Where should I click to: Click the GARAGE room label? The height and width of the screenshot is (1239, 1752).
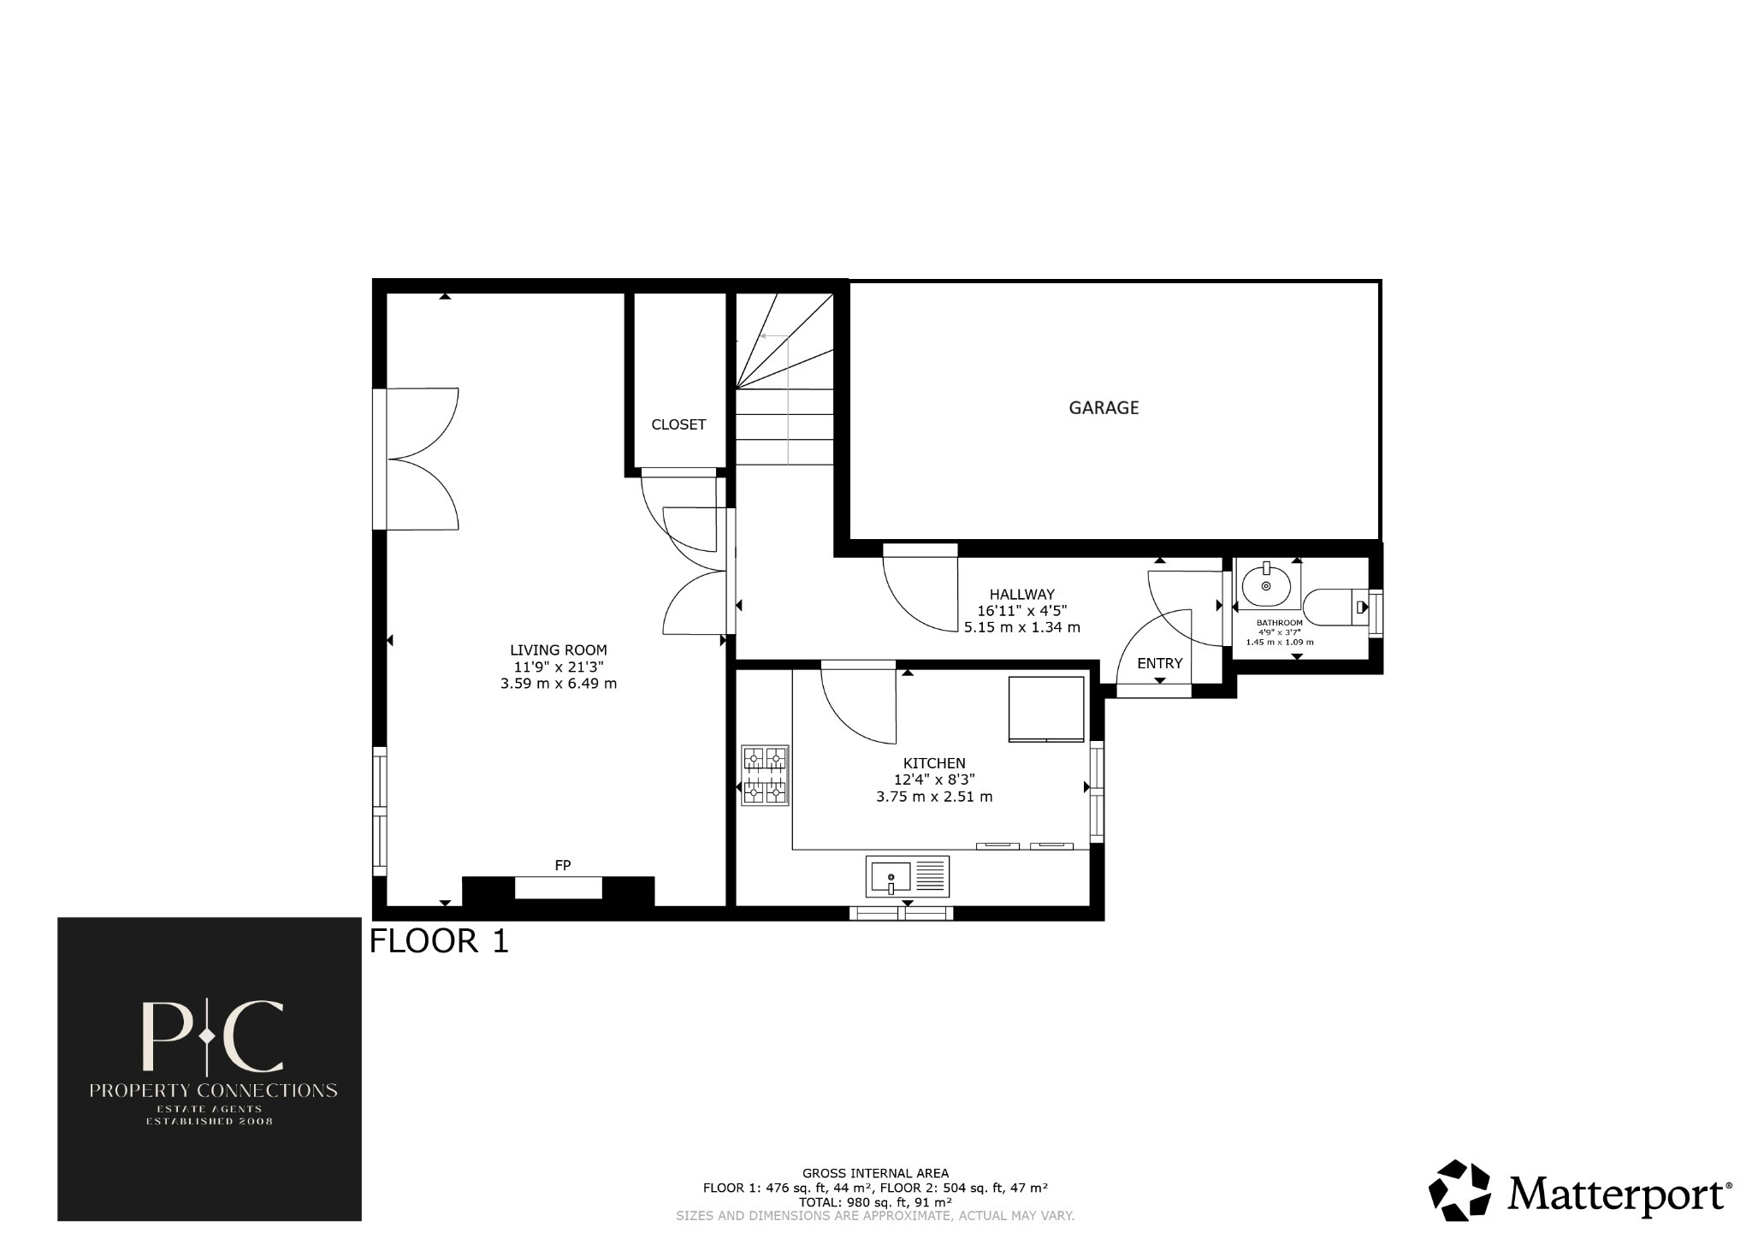pyautogui.click(x=1104, y=408)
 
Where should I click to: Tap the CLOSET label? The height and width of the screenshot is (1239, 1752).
pyautogui.click(x=678, y=424)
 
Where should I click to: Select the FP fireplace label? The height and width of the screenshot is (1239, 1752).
pyautogui.click(x=562, y=865)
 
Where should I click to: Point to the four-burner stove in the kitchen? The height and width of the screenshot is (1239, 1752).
pyautogui.click(x=764, y=775)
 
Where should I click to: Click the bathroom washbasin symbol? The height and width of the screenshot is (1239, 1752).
pyautogui.click(x=1266, y=585)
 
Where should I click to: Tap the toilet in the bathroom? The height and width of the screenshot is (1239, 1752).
pyautogui.click(x=1335, y=607)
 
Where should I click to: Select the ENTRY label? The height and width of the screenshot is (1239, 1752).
pyautogui.click(x=1159, y=663)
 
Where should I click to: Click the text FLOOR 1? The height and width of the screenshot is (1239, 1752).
pyautogui.click(x=439, y=941)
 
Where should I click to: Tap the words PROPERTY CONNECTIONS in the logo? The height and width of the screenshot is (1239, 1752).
pyautogui.click(x=213, y=1090)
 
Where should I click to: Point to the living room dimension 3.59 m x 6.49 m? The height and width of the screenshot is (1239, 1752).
pyautogui.click(x=558, y=684)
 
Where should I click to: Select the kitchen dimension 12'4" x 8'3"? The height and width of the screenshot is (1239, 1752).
pyautogui.click(x=934, y=780)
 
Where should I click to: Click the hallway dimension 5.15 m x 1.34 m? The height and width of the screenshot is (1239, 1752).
pyautogui.click(x=1021, y=627)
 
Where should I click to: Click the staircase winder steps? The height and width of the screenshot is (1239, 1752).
pyautogui.click(x=783, y=342)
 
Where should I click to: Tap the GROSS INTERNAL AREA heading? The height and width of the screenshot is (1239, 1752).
pyautogui.click(x=875, y=1173)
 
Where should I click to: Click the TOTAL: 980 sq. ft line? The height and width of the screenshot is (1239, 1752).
pyautogui.click(x=875, y=1201)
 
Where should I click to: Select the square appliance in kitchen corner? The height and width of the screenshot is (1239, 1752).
pyautogui.click(x=1046, y=708)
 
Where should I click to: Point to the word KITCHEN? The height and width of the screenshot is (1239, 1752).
pyautogui.click(x=934, y=763)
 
